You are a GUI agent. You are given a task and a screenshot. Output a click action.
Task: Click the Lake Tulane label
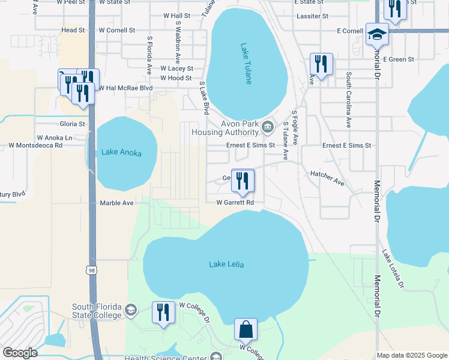click(246, 64)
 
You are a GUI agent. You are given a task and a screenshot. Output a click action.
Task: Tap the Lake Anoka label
click(121, 152)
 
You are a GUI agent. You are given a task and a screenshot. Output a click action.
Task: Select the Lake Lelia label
click(227, 264)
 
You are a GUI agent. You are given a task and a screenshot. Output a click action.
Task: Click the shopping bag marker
click(246, 330)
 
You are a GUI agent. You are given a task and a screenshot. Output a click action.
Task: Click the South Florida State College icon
click(131, 311)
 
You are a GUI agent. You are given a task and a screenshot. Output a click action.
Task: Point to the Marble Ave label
click(116, 203)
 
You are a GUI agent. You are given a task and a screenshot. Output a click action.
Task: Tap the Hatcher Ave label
click(327, 178)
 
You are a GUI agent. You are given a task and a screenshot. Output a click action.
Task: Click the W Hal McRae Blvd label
click(125, 88)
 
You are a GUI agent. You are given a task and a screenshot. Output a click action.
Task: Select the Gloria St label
click(72, 124)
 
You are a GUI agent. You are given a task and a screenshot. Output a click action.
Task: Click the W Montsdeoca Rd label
click(35, 145)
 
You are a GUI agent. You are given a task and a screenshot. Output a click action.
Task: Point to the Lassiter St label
click(313, 16)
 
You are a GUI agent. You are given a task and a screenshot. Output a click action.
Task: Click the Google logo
click(20, 353)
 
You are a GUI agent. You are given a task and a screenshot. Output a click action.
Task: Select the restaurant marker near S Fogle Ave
click(321, 64)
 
